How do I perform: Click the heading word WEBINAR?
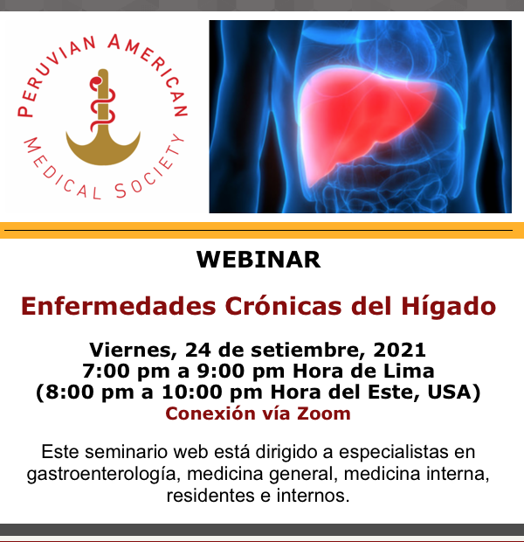pyautogui.click(x=259, y=260)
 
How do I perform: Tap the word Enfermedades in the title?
pyautogui.click(x=119, y=306)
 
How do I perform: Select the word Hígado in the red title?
pyautogui.click(x=449, y=307)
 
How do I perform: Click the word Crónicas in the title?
pyautogui.click(x=283, y=306)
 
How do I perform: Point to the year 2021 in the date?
pyautogui.click(x=399, y=350)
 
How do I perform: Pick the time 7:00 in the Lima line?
pyautogui.click(x=107, y=371)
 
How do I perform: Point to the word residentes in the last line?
pyautogui.click(x=210, y=496)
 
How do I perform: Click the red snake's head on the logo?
pyautogui.click(x=95, y=82)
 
